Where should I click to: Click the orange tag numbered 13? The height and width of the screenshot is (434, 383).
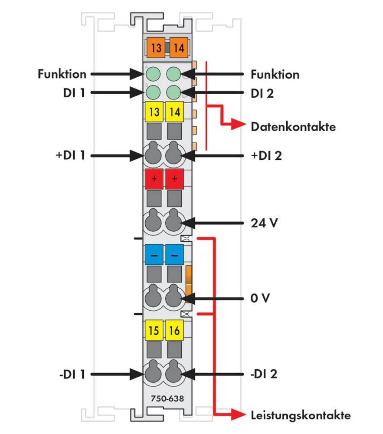coord(156,47)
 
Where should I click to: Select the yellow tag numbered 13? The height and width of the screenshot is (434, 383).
coord(154,112)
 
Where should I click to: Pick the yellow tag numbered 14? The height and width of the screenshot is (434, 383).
coord(174,112)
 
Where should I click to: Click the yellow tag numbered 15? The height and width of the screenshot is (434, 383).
coord(154,332)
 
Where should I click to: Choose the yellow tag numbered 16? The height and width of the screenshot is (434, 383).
coord(174,332)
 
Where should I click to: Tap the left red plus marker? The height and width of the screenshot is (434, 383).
coord(154,178)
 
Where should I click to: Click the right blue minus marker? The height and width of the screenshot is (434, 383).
coord(174,255)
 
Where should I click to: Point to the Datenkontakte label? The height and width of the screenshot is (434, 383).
coord(293,127)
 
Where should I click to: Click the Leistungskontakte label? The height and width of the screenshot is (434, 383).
coord(301,415)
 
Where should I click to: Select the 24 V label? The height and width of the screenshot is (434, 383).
coord(264,224)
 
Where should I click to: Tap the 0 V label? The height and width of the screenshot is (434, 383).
coord(261,299)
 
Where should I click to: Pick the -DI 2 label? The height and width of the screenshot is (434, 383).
coord(265,374)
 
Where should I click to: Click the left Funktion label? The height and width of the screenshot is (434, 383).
coord(62,74)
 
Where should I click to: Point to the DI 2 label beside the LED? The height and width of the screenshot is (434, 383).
coord(262,93)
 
